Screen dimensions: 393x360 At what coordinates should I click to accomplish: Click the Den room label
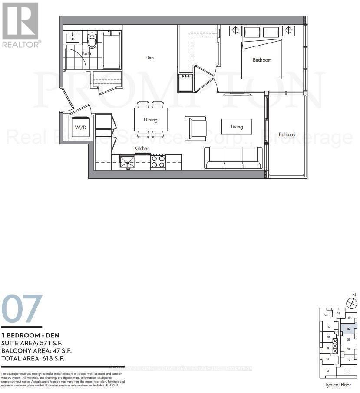point(149,58)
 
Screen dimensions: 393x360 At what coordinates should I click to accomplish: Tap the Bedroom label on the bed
point(262,60)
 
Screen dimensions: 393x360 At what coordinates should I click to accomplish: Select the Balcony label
point(287,134)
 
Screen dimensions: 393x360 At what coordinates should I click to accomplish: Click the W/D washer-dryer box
point(80,128)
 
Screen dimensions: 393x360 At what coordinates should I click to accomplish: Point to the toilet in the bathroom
point(92,40)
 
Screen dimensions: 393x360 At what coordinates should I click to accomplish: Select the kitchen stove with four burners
point(158,162)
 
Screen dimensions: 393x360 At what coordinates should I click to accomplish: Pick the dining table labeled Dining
point(151,120)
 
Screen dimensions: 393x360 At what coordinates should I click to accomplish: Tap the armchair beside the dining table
point(195,128)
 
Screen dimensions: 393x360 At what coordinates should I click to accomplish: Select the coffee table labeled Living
point(237,127)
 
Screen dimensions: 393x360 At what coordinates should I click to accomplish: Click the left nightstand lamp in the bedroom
point(235,30)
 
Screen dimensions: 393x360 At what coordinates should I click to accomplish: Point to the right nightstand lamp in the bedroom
point(288,30)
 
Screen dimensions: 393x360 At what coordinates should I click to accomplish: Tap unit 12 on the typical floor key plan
point(327,371)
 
